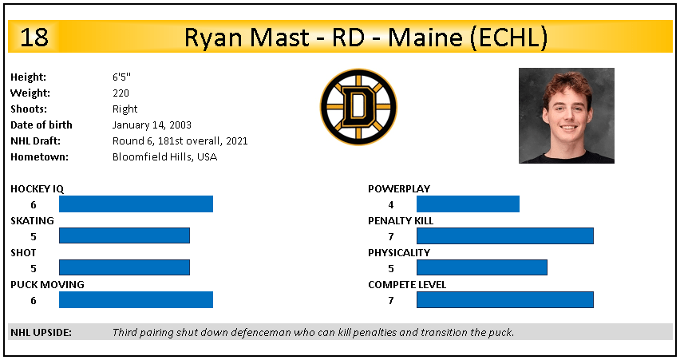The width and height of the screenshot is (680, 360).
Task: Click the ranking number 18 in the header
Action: tap(34, 38)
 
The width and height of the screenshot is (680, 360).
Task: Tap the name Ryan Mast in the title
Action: tap(247, 38)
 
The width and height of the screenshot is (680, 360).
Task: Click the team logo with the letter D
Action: tap(358, 107)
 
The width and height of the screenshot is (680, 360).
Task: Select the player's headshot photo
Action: tap(567, 116)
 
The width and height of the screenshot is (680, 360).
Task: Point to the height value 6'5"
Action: tap(121, 77)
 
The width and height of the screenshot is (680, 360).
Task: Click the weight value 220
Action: tap(121, 93)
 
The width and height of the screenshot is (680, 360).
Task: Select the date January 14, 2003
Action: tap(152, 125)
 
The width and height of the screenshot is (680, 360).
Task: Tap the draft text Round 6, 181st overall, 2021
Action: tap(180, 141)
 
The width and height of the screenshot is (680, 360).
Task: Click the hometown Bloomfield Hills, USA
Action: tap(164, 156)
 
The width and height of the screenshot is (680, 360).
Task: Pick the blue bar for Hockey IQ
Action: tap(136, 204)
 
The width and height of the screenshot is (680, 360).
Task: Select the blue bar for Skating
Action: tap(125, 235)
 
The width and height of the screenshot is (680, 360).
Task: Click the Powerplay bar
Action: tap(468, 204)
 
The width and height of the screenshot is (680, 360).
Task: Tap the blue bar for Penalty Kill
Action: tap(505, 235)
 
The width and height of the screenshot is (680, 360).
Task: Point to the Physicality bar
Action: tap(482, 267)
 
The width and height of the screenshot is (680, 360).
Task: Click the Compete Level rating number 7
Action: tap(391, 300)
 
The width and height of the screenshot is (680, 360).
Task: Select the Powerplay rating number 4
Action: tap(391, 204)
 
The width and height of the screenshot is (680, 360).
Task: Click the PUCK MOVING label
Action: tap(47, 284)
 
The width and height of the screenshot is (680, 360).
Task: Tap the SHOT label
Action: tap(23, 252)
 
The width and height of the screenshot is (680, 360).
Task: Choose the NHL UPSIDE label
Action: tap(42, 333)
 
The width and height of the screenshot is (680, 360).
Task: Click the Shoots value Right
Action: tap(125, 109)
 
